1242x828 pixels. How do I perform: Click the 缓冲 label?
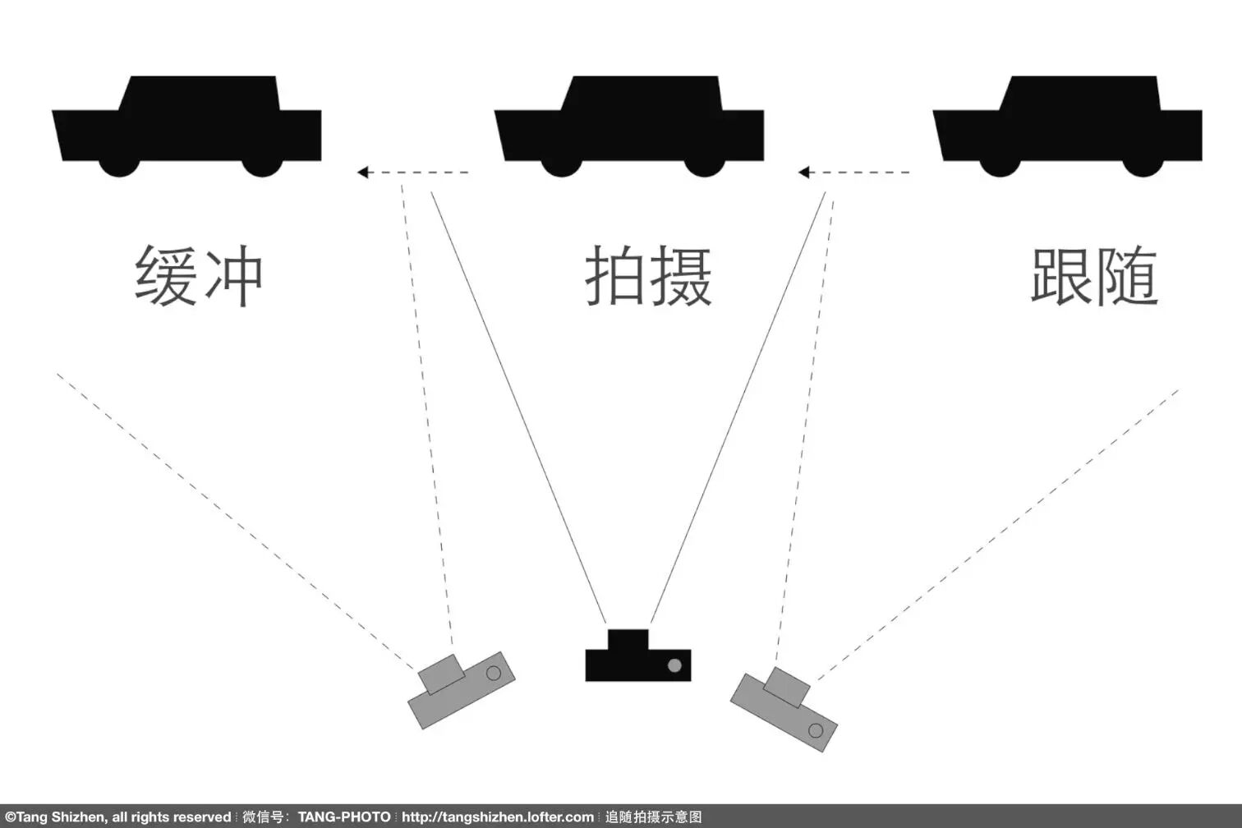pyautogui.click(x=198, y=276)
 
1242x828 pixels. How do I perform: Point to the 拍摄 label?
pyautogui.click(x=648, y=276)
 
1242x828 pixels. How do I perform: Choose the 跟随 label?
pyautogui.click(x=1094, y=276)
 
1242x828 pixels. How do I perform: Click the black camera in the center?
pyautogui.click(x=637, y=662)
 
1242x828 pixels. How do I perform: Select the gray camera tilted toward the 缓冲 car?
pyautogui.click(x=461, y=690)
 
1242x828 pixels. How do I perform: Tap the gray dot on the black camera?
pyautogui.click(x=674, y=665)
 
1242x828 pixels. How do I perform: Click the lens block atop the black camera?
pyautogui.click(x=628, y=639)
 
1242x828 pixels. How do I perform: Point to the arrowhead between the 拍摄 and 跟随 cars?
pyautogui.click(x=804, y=172)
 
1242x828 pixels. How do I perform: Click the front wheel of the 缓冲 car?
pyautogui.click(x=120, y=165)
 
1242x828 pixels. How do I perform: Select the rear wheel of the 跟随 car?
pyautogui.click(x=1143, y=165)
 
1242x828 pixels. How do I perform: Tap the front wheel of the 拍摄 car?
pyautogui.click(x=562, y=165)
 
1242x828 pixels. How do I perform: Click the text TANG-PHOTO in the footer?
pyautogui.click(x=344, y=817)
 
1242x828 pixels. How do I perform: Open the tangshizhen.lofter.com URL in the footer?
pyautogui.click(x=497, y=817)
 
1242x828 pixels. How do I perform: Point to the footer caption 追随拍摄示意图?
pyautogui.click(x=654, y=817)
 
